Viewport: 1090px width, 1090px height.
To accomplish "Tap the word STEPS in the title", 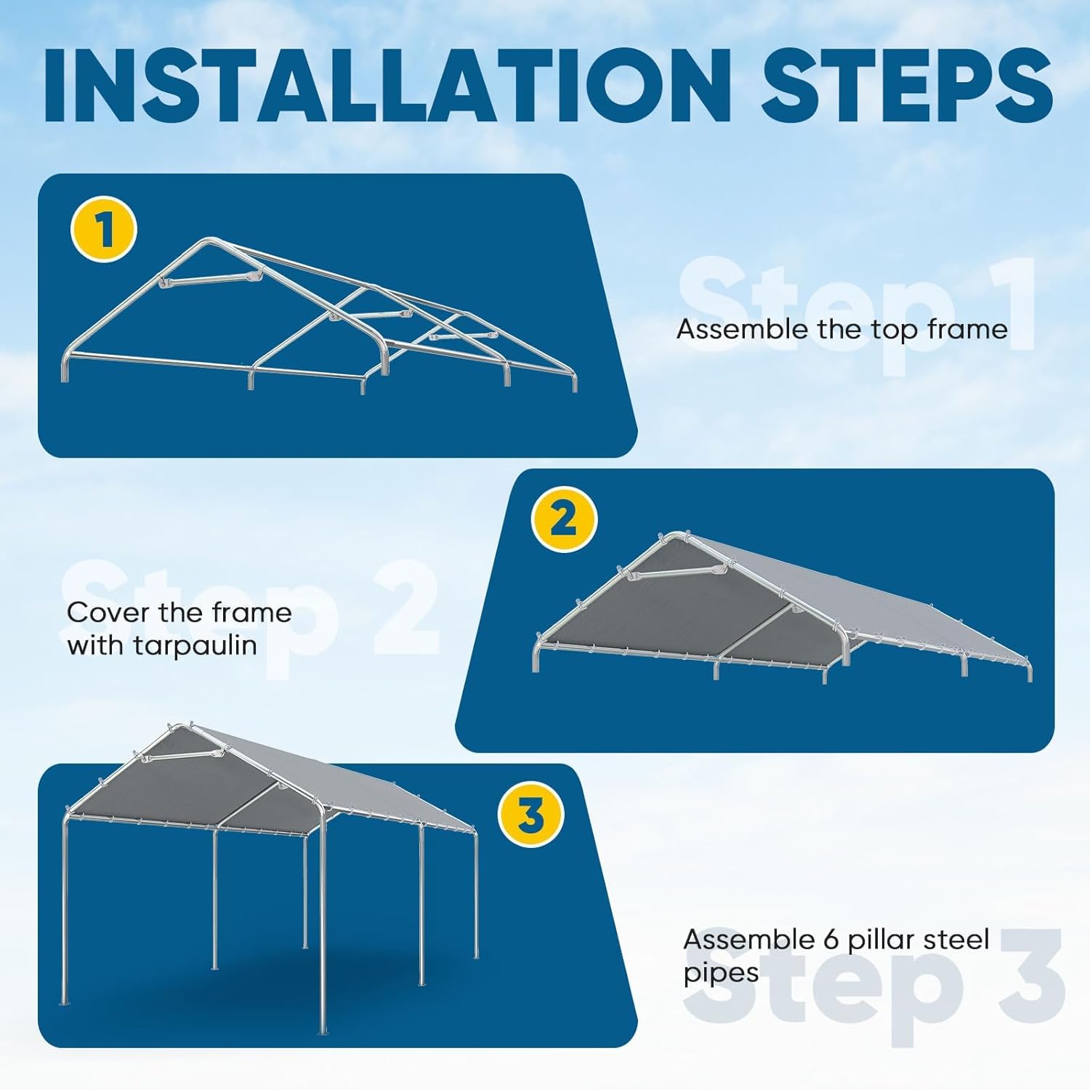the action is [x=907, y=86].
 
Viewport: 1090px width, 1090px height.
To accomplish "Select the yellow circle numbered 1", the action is [x=104, y=229].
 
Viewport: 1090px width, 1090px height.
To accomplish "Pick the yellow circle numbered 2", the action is [x=564, y=519].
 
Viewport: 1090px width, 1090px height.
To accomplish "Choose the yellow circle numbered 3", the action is [x=531, y=815].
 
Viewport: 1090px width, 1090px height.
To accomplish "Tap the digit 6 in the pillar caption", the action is [x=832, y=940].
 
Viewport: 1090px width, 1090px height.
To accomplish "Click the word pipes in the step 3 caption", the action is [x=721, y=974].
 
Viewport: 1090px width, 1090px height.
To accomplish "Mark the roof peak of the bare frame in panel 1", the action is [x=209, y=240].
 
